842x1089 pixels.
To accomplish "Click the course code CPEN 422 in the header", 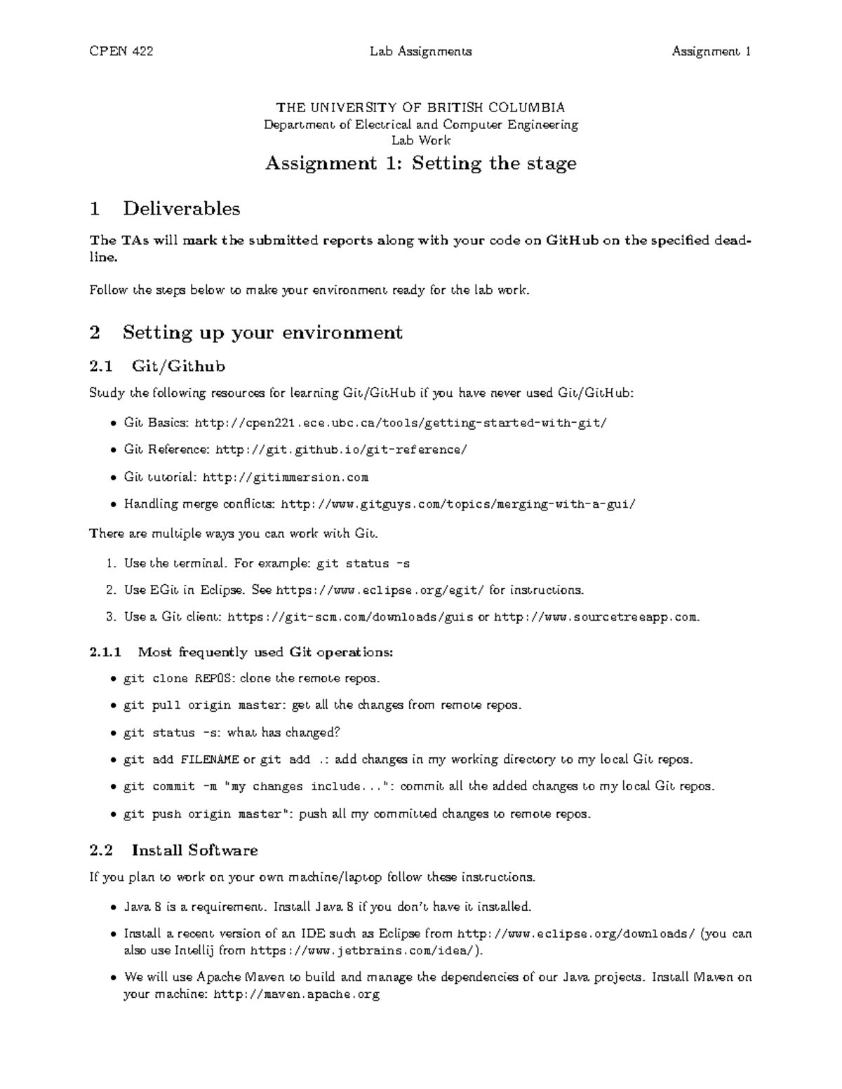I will coord(121,51).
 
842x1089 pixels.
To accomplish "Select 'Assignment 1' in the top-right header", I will coord(711,51).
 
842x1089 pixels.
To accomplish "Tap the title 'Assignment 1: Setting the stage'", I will coord(420,163).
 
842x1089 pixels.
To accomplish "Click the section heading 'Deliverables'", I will coord(181,208).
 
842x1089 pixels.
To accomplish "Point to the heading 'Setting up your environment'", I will coord(262,332).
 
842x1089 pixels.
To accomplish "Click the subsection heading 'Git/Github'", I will coord(178,366).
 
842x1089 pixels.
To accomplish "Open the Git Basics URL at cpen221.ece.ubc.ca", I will coord(400,423).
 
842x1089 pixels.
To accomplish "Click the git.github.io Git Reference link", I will coord(341,449).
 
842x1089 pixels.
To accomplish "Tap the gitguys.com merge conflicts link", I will coord(458,504).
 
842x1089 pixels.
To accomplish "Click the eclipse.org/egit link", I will coord(380,590).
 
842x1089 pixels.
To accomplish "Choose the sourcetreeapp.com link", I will coord(596,617).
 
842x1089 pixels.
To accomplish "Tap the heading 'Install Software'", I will coord(194,851).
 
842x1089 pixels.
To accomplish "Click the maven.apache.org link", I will coord(296,994).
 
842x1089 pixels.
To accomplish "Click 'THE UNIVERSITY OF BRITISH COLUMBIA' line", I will coord(420,107).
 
